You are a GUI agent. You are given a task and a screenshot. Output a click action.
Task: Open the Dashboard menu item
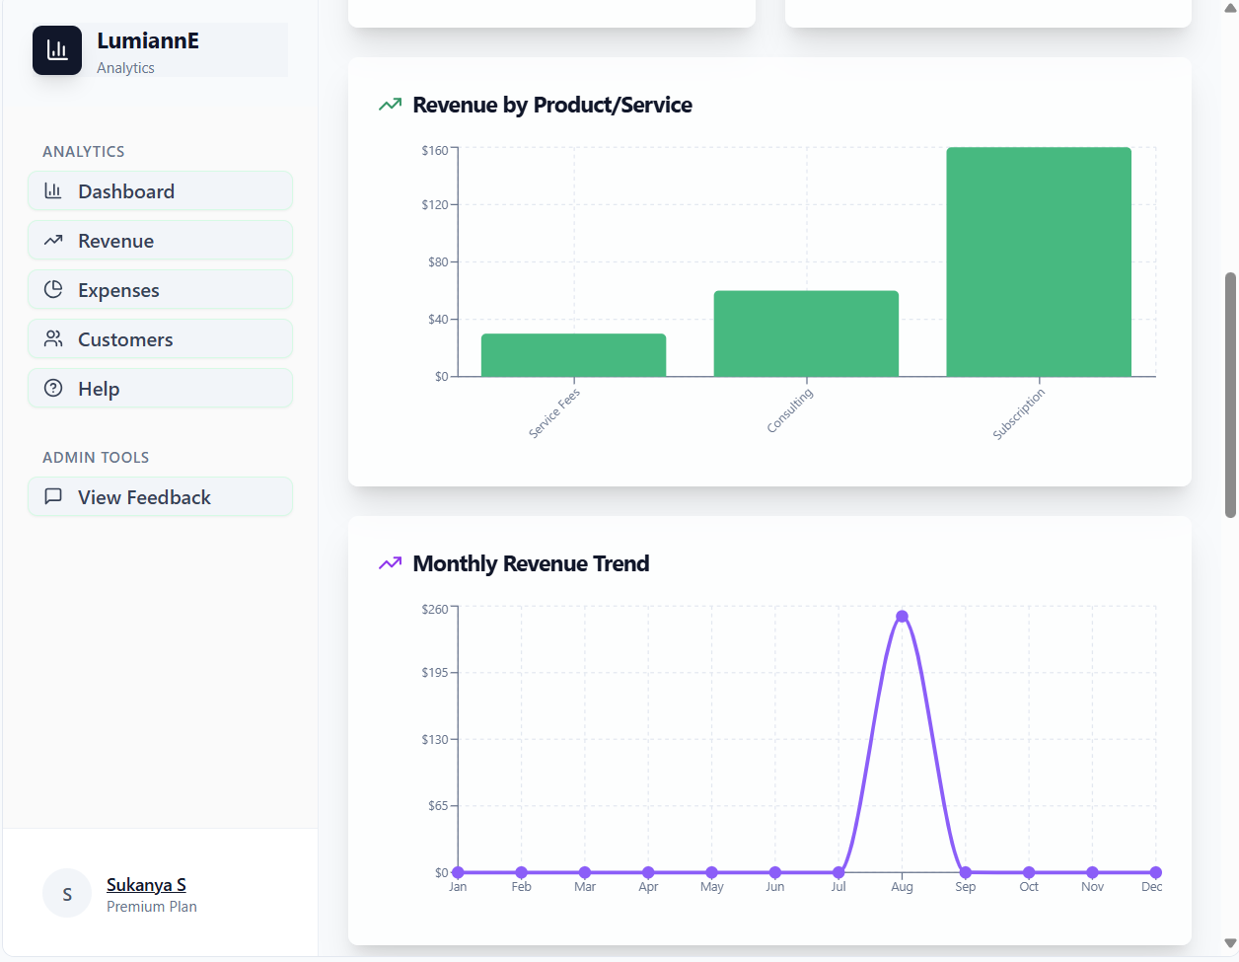point(160,191)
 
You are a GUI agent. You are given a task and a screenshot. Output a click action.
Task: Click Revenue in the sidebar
point(160,241)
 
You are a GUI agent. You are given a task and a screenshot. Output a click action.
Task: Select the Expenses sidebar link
point(160,290)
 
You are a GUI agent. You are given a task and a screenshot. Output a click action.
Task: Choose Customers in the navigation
point(160,339)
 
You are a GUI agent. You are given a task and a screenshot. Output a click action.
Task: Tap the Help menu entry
point(160,389)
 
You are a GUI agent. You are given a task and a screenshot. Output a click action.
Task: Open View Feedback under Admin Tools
point(160,496)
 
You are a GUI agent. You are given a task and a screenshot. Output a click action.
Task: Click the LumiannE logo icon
point(57,50)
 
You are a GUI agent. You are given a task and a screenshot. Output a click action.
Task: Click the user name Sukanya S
point(146,884)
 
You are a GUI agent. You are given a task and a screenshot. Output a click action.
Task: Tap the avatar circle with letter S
point(67,894)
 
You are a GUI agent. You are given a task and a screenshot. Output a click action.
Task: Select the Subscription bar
point(1039,262)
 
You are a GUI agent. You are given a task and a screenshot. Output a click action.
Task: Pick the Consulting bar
point(806,333)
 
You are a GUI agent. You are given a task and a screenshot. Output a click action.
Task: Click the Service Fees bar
point(573,355)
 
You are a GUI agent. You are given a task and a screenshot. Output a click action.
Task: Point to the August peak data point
point(902,617)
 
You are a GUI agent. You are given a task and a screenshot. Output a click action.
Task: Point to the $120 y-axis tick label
point(434,204)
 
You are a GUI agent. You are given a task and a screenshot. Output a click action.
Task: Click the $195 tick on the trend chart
point(434,672)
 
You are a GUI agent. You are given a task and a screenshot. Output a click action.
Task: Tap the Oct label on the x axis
point(1029,887)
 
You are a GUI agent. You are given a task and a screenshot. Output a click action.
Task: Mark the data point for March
point(585,872)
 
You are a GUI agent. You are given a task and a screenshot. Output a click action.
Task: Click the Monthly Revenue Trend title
point(531,563)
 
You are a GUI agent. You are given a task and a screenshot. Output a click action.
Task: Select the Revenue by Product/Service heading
point(552,105)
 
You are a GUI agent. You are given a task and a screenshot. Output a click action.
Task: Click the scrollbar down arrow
point(1230,943)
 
